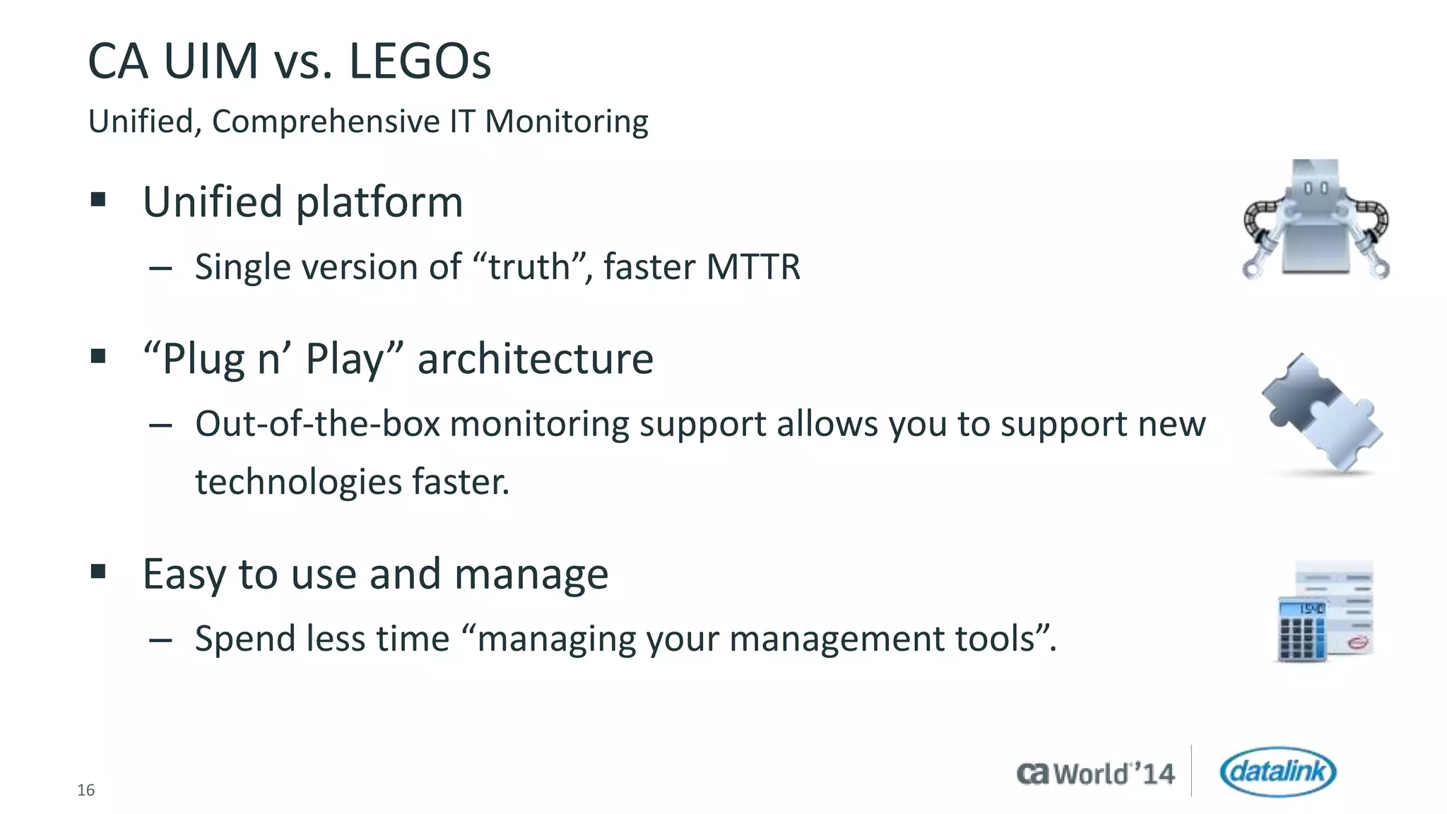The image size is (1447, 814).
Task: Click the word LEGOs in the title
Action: point(420,62)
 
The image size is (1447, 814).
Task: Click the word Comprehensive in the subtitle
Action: point(326,122)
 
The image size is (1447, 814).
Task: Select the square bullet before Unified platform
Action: point(98,199)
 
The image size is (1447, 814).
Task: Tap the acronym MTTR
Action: point(753,267)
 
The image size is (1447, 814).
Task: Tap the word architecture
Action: point(535,359)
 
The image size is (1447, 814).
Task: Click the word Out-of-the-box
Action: point(318,424)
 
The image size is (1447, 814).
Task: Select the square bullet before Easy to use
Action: point(98,570)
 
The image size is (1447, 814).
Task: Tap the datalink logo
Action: point(1277,772)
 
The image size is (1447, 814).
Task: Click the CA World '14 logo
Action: point(1096,774)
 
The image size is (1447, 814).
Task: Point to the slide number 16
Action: point(85,790)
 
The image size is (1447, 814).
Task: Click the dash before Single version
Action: point(161,269)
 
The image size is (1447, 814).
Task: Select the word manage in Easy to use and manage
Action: point(531,574)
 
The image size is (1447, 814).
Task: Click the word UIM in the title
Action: point(211,62)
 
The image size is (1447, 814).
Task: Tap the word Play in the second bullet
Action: point(344,359)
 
